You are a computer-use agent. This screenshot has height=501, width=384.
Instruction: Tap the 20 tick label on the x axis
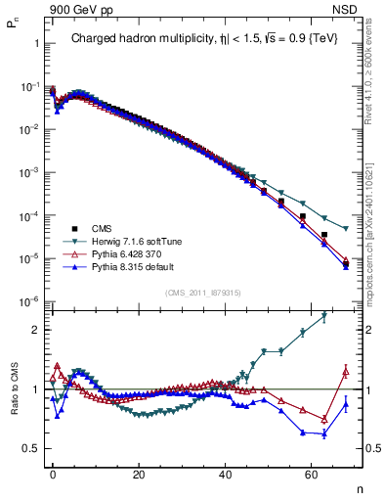click(140, 474)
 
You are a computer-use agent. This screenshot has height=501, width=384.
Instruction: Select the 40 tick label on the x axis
click(226, 474)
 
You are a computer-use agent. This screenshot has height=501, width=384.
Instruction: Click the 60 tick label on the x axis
click(312, 474)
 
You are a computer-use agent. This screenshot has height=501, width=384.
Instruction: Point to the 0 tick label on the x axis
click(54, 474)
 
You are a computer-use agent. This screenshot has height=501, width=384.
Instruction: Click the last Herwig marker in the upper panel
click(345, 229)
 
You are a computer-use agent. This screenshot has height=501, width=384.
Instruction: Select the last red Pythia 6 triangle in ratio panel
click(345, 370)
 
